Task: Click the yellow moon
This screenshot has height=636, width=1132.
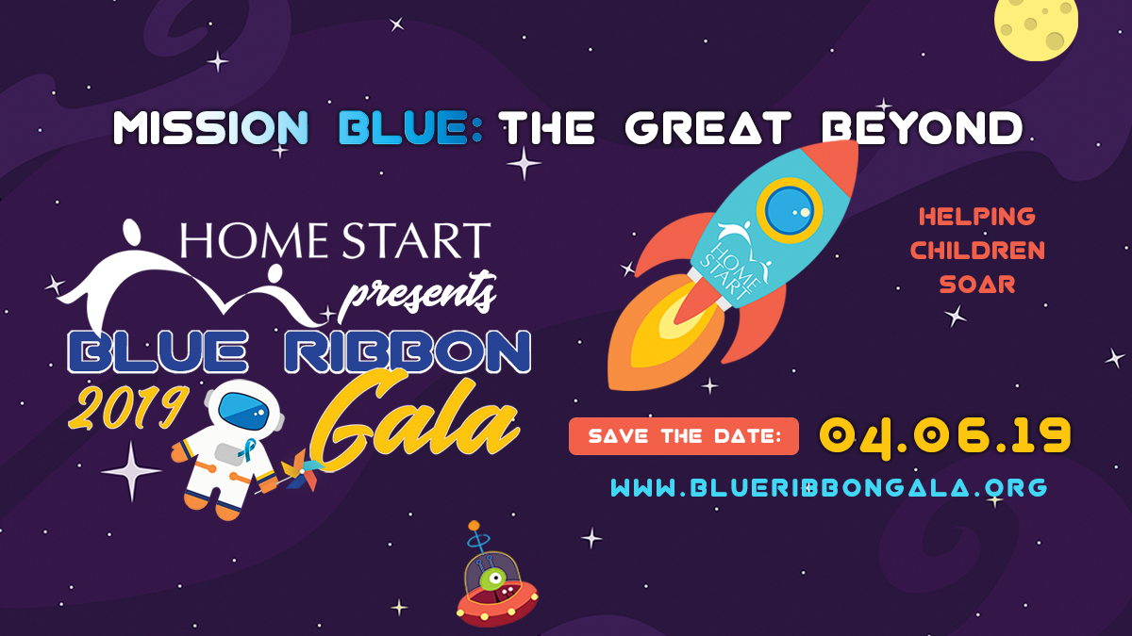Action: pyautogui.click(x=1036, y=25)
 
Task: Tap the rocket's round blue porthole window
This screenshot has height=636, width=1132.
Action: pyautogui.click(x=789, y=210)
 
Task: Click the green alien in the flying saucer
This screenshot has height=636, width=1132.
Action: pyautogui.click(x=492, y=579)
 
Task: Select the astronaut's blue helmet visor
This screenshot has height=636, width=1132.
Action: pyautogui.click(x=244, y=412)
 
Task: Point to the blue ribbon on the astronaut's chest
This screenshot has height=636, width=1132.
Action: pyautogui.click(x=248, y=449)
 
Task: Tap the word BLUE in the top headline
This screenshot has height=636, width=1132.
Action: pyautogui.click(x=404, y=128)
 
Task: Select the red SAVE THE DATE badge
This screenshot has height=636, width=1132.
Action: pyautogui.click(x=684, y=436)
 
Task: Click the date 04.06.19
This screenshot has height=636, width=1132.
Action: pyautogui.click(x=945, y=437)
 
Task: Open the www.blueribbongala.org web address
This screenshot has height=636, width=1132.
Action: pyautogui.click(x=829, y=487)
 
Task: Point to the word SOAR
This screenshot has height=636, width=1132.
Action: pyautogui.click(x=977, y=285)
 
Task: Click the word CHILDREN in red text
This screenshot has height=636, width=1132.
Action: pyautogui.click(x=977, y=251)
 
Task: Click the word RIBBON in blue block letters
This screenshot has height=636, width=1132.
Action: pyautogui.click(x=408, y=352)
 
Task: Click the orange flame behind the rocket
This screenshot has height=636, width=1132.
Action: pyautogui.click(x=662, y=331)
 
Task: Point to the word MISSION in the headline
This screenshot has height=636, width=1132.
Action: pyautogui.click(x=210, y=128)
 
